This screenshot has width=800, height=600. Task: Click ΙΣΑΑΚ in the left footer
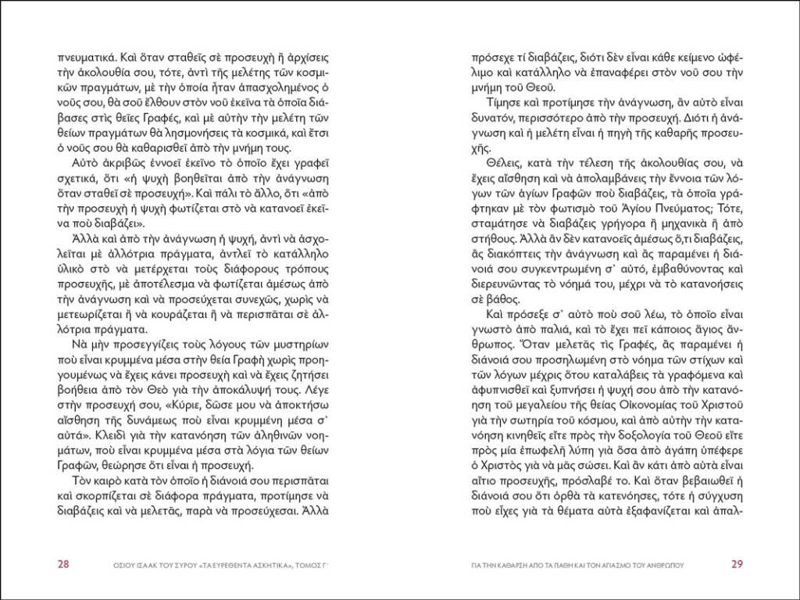[x=140, y=566]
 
